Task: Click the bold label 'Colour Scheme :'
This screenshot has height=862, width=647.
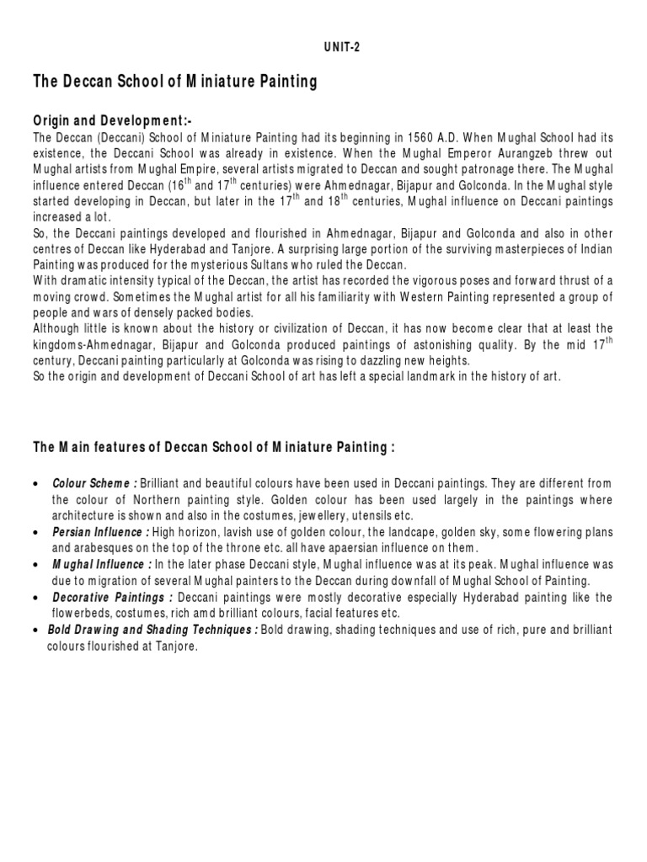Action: [x=95, y=484]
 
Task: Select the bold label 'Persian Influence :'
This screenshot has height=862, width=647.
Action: [x=101, y=533]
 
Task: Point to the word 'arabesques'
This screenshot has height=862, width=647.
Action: [x=81, y=549]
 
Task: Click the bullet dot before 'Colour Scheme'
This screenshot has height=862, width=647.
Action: [x=33, y=485]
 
